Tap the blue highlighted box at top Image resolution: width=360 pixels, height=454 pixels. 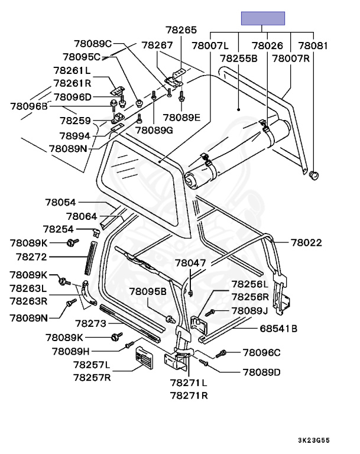pyautogui.click(x=262, y=18)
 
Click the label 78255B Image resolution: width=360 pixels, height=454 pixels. pyautogui.click(x=238, y=59)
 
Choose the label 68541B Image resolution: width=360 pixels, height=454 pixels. pyautogui.click(x=278, y=328)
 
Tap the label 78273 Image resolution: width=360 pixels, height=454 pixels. pyautogui.click(x=90, y=323)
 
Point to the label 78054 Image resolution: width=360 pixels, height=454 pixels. pyautogui.click(x=61, y=202)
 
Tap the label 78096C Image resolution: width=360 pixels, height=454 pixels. pyautogui.click(x=261, y=353)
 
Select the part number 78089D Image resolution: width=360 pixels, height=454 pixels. pyautogui.click(x=261, y=372)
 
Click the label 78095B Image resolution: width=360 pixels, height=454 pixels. pyautogui.click(x=148, y=291)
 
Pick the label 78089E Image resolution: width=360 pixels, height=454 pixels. pyautogui.click(x=181, y=117)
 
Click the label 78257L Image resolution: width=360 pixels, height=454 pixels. pyautogui.click(x=92, y=365)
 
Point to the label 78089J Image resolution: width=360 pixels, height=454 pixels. pyautogui.click(x=250, y=310)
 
